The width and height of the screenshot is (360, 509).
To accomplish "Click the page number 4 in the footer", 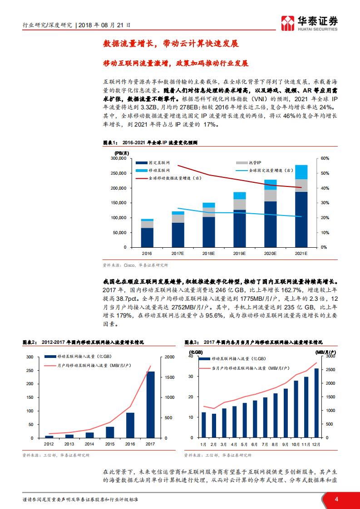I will click(x=336, y=499).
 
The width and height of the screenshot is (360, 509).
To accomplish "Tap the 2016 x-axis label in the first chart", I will click(x=147, y=253).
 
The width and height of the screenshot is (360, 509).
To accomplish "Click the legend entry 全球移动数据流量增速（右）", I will click(x=169, y=178).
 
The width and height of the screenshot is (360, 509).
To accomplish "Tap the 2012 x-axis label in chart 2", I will click(x=49, y=444).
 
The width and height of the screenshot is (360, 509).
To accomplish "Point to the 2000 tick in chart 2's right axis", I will click(x=168, y=357).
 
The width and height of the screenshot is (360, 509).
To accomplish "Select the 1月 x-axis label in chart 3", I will click(x=203, y=444).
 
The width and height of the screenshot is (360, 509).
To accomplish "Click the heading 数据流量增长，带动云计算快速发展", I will click(x=171, y=44).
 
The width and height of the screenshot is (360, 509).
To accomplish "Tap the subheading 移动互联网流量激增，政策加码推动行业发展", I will click(x=176, y=64).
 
